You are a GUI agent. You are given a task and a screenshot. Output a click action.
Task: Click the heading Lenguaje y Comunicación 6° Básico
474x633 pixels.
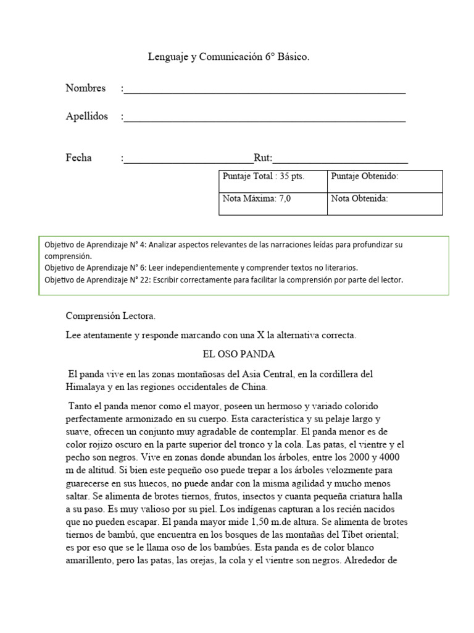click(x=228, y=57)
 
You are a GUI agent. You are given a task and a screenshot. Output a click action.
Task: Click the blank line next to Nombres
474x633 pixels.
click(x=264, y=91)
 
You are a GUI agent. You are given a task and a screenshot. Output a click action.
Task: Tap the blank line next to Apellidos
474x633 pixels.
click(x=264, y=119)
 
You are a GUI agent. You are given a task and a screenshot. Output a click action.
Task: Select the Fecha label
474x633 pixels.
click(x=78, y=158)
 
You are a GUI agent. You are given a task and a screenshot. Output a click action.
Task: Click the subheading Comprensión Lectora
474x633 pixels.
click(x=111, y=316)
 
